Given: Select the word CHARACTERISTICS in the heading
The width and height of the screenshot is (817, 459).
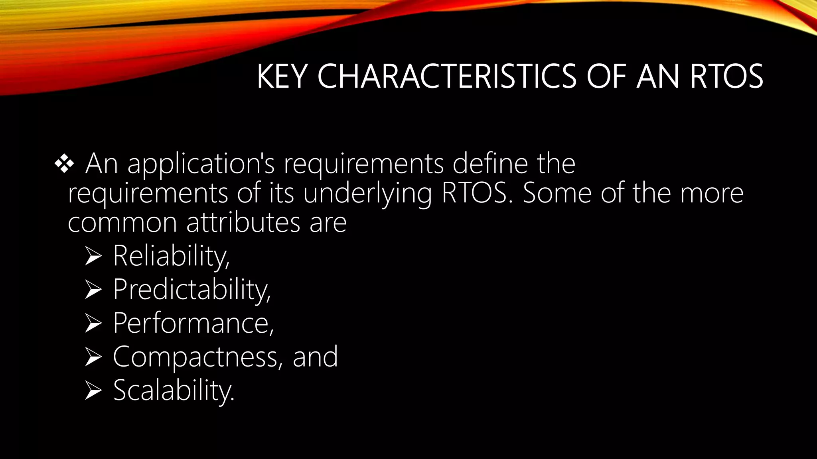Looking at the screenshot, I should pos(447,76).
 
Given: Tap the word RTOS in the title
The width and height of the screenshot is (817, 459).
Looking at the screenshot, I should pos(726,76).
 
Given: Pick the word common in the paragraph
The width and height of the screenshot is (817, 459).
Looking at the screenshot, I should pos(122,223).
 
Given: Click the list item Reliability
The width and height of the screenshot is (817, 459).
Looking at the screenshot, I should pos(171,256).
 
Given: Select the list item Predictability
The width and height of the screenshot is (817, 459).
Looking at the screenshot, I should pos(191,290).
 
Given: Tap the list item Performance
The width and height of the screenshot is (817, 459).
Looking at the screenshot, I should pos(193,323).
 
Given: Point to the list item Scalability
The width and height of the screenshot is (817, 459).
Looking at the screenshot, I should pos(174,390).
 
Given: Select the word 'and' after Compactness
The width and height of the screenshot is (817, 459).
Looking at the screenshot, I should pos(315,357).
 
